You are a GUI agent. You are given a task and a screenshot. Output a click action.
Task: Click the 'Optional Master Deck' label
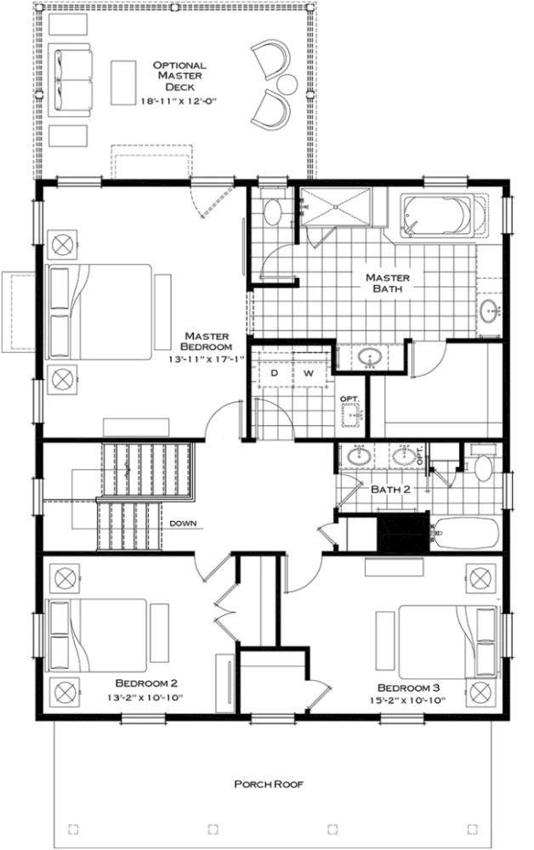pos(180,76)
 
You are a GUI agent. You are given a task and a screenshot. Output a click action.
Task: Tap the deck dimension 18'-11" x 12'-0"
pos(180,99)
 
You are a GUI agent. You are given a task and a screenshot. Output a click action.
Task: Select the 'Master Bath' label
pos(388,282)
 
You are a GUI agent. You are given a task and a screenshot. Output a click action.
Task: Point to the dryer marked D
pos(275,373)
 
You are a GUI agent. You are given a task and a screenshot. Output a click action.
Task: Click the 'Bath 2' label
pos(392,490)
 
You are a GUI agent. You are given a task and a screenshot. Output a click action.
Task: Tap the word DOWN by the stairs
pos(184,523)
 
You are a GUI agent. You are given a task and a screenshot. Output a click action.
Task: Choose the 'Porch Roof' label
pos(268,785)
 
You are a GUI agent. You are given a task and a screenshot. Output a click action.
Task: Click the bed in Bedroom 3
pos(447,640)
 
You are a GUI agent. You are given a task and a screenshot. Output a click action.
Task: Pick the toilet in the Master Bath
pos(274,211)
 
